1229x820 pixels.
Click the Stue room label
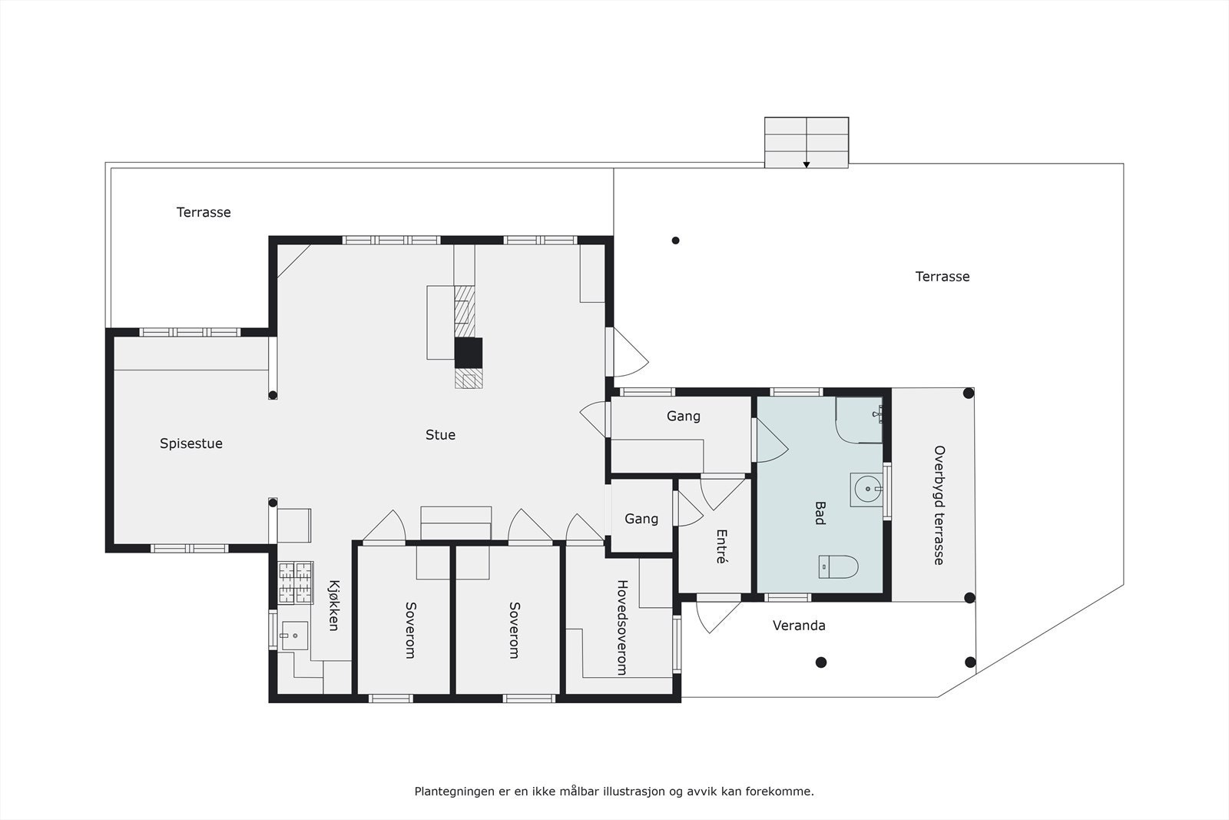(440, 435)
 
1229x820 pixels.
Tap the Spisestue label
(191, 443)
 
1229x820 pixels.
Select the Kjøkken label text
(333, 606)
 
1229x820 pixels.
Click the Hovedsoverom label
(621, 628)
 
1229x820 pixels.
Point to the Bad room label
(819, 513)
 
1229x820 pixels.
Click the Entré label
(721, 546)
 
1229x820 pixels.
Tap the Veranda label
(799, 626)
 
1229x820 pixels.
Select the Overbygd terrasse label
(939, 505)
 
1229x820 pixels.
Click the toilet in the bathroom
(838, 566)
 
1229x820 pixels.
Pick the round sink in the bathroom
(868, 489)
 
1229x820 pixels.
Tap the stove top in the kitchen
(296, 581)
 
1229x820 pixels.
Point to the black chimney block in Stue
(469, 353)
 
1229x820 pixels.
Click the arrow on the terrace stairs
(807, 164)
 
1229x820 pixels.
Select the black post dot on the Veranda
(821, 662)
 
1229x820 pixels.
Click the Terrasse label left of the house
(204, 212)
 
